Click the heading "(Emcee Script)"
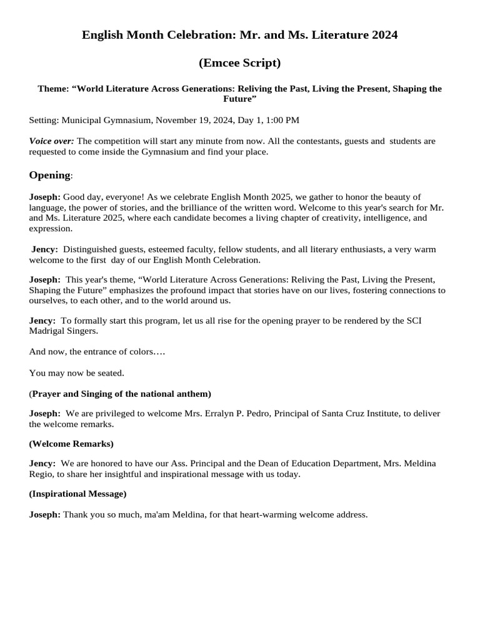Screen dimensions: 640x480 click(240, 63)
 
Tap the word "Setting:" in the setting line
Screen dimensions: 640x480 click(44, 120)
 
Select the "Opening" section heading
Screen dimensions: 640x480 click(49, 175)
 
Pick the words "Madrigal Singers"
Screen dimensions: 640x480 click(63, 331)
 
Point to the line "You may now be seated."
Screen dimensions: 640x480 click(77, 373)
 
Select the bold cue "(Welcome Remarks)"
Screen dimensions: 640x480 click(71, 444)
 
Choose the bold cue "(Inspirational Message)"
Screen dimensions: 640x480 click(78, 494)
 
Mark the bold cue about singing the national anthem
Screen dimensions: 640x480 click(121, 394)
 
